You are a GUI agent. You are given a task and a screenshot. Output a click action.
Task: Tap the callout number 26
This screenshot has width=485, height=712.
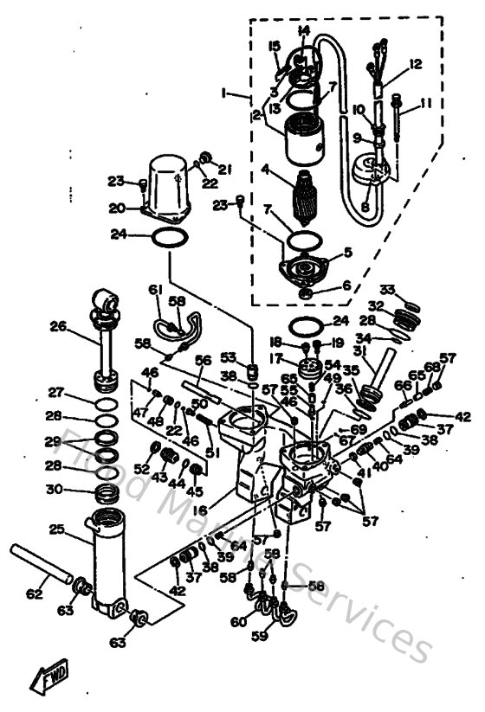57,326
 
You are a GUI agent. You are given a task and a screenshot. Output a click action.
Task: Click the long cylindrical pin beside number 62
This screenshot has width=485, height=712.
43,562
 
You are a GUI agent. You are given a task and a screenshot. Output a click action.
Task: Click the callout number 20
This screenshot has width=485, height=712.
117,208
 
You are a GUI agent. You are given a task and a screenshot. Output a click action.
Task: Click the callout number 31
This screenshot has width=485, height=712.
358,350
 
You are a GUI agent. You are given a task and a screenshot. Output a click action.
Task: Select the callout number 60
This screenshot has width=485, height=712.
236,621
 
